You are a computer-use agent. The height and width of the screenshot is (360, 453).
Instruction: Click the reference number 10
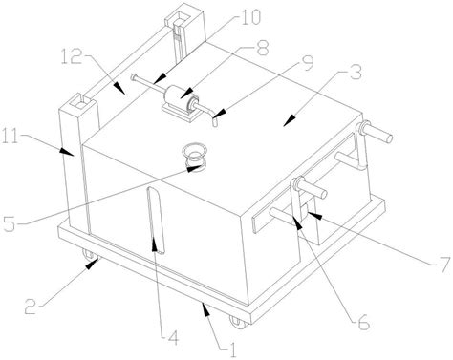click(249, 17)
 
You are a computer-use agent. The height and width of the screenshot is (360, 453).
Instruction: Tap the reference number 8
click(263, 48)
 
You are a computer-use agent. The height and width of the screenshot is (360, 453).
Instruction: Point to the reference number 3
click(356, 72)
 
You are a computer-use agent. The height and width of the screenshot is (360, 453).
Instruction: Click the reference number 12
click(72, 56)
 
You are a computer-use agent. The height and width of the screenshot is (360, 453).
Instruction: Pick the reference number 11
click(11, 139)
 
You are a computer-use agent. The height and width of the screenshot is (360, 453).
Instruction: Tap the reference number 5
click(9, 223)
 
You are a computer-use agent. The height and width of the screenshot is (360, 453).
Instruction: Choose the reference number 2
click(31, 306)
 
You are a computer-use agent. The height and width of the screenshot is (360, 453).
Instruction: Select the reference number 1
click(233, 350)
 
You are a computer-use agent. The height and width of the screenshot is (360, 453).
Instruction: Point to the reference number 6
click(363, 322)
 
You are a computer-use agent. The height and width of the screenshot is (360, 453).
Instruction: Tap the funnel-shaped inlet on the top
click(195, 155)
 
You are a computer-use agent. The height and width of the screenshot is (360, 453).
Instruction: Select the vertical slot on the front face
click(156, 221)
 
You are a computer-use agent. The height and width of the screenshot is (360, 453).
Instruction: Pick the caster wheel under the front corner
click(239, 322)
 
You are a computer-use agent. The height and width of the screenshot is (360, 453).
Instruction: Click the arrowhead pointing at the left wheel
click(93, 264)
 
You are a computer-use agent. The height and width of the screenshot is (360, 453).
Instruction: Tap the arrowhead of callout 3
click(289, 120)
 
